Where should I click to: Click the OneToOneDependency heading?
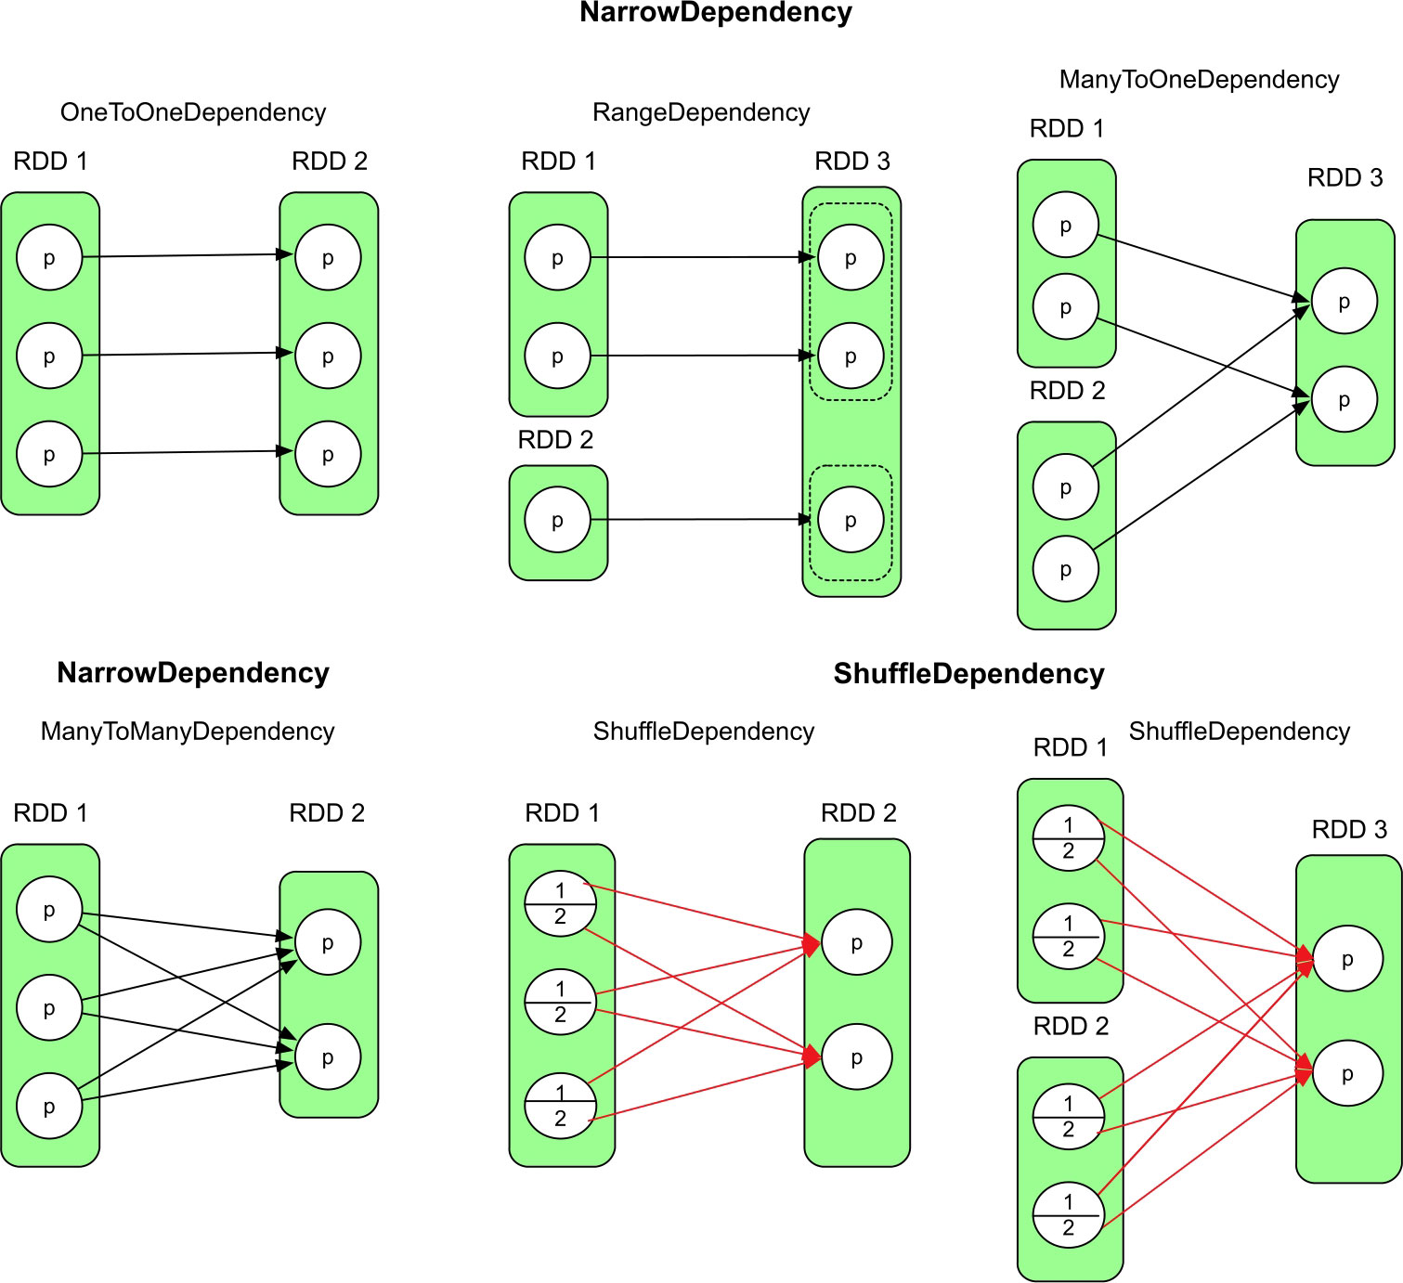(193, 112)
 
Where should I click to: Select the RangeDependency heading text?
(701, 112)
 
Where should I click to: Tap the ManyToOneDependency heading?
(1199, 80)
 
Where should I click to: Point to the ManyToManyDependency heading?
(187, 732)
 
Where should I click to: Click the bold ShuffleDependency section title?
(968, 674)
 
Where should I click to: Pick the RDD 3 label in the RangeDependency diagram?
(851, 162)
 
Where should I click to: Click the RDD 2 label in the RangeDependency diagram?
(555, 440)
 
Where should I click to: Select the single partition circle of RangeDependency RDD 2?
(557, 520)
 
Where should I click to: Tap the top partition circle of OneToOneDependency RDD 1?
(49, 258)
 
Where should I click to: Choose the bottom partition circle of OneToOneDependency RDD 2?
(328, 454)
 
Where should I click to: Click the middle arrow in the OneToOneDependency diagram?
(186, 354)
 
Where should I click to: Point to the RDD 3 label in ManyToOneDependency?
(1345, 178)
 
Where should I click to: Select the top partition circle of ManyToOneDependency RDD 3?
(1344, 301)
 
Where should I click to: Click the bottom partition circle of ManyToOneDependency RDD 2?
(1066, 569)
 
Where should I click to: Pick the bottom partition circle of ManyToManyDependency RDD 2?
(328, 1056)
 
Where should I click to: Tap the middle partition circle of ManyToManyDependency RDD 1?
(49, 1007)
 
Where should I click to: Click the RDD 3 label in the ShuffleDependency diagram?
(1349, 830)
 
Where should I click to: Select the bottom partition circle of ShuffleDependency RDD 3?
(1347, 1073)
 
